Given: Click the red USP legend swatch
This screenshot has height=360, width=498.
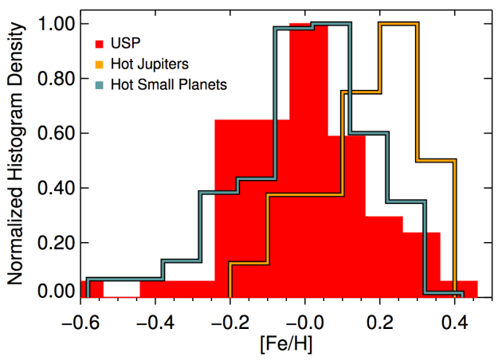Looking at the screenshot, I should [x=100, y=42].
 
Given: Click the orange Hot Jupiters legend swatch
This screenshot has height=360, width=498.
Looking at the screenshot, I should [x=100, y=64].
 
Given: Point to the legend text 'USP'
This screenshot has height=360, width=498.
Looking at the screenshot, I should [x=130, y=42].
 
